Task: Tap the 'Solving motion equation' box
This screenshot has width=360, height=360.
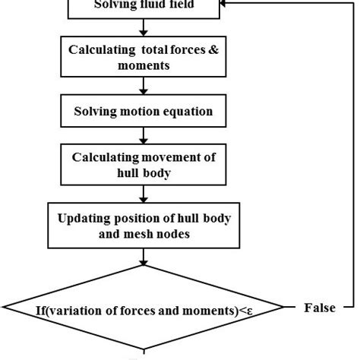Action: pyautogui.click(x=143, y=112)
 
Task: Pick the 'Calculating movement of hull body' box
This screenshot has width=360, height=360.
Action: pyautogui.click(x=143, y=163)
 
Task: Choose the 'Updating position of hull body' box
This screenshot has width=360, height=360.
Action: pyautogui.click(x=144, y=224)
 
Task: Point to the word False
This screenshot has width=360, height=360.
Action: pyautogui.click(x=320, y=308)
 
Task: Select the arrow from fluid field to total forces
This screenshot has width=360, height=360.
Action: pyautogui.click(x=143, y=29)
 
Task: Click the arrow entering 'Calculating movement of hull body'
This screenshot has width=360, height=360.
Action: pyautogui.click(x=143, y=137)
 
